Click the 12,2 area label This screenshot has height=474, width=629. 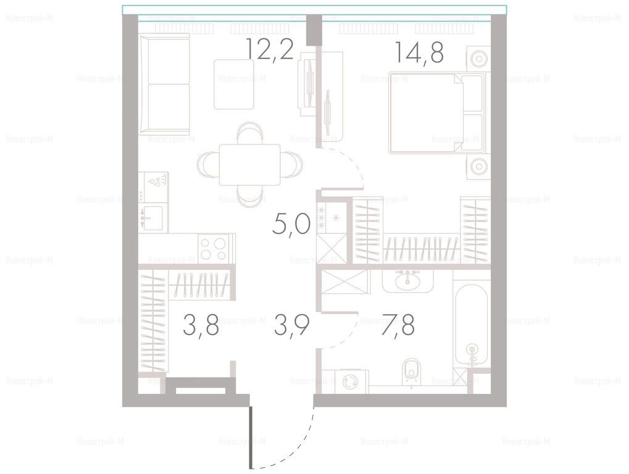coord(270,49)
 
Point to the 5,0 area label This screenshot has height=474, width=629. coord(291,224)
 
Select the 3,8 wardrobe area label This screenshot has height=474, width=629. coord(201,325)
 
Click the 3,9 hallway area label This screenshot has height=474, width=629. coord(291,325)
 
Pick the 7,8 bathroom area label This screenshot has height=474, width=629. coord(398,325)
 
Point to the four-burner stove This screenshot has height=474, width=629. coord(213,249)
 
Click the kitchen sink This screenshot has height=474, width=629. coord(151,218)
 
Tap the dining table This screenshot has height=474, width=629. coord(249,164)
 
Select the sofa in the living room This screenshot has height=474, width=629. coord(164,84)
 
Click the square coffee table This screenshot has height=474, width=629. coord(234,84)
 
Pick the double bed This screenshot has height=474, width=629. coord(436,113)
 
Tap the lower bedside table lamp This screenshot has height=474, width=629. coord(479,165)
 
